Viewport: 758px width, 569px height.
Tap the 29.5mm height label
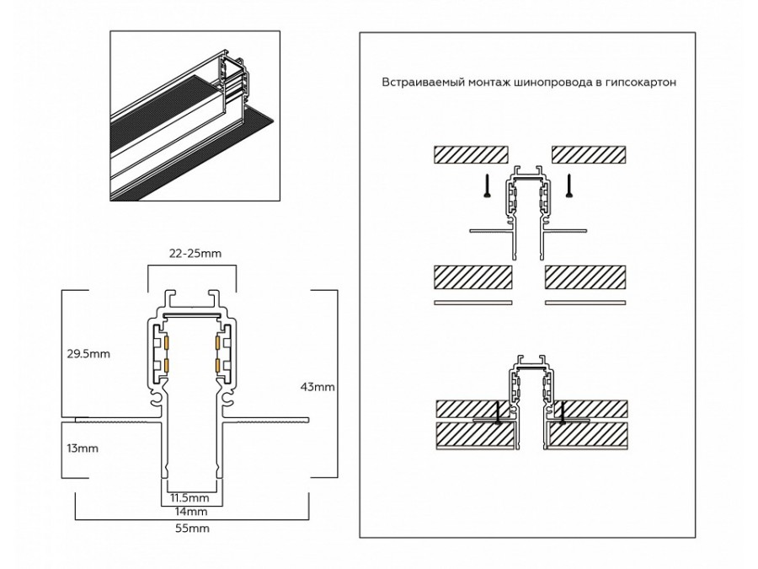pos(88,353)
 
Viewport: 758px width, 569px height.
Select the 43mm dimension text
pos(318,387)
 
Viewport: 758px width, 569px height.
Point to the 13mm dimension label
pos(82,448)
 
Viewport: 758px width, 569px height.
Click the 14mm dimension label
pos(191,512)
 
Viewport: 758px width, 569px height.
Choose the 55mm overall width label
pos(191,529)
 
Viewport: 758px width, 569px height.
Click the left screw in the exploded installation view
pos(486,185)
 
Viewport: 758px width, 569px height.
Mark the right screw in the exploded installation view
pos(569,185)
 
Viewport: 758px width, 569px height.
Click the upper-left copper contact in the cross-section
pos(167,343)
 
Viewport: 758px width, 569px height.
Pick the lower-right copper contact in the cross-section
pos(217,365)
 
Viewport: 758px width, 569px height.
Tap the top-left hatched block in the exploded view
pos(471,154)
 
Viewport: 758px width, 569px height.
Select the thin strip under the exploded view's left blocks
pos(472,302)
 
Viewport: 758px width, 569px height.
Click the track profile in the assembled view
pos(530,396)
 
